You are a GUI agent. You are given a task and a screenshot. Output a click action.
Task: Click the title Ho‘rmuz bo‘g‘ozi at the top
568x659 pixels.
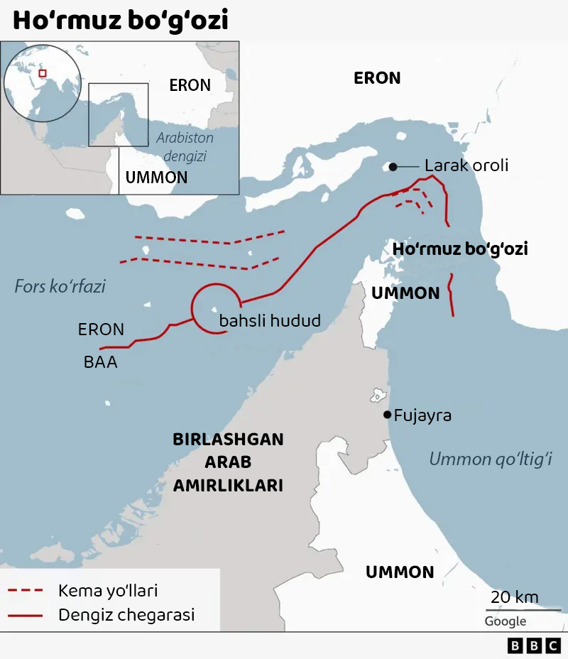pos(121,21)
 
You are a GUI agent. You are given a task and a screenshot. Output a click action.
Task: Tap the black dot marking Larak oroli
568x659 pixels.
pos(393,167)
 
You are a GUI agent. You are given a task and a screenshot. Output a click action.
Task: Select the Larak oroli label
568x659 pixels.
pos(466,166)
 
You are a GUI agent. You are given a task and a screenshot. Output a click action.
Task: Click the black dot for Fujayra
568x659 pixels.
pos(387,415)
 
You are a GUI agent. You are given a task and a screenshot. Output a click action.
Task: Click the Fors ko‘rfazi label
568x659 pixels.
pos(60,287)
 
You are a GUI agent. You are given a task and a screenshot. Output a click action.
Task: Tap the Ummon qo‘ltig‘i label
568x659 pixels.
pos(491,459)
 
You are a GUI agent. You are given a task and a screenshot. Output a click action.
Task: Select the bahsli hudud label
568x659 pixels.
pos(270,321)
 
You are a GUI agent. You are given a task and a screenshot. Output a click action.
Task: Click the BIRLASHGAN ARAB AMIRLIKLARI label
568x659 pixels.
pos(228,462)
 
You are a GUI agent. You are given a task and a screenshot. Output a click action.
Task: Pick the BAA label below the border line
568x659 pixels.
pos(100,362)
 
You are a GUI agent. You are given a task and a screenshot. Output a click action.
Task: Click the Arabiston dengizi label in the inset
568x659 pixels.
pos(185,146)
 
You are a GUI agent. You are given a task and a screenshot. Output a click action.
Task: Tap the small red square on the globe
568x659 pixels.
pos(42,72)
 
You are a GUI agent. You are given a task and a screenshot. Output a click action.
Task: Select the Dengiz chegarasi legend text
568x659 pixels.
pos(126,615)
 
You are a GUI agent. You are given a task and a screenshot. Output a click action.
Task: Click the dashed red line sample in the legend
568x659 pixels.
pos(26,591)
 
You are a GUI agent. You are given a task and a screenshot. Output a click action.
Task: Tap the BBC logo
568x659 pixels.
pos(534,646)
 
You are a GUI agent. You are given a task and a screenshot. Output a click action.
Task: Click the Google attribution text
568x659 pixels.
pos(506,621)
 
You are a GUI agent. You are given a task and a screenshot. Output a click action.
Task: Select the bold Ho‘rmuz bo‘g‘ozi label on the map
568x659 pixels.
pos(460,249)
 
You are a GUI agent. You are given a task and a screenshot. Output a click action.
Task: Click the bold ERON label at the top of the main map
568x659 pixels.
pos(377,78)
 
